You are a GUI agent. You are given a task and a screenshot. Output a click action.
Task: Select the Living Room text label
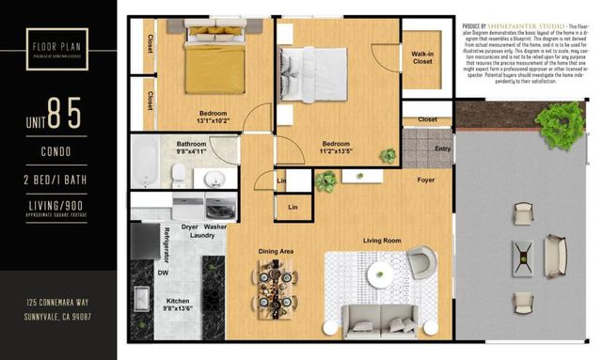pyautogui.click(x=383, y=241)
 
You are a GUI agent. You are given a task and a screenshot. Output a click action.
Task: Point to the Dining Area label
pyautogui.click(x=277, y=251)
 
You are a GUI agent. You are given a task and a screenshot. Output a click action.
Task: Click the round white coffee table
pyautogui.click(x=381, y=277)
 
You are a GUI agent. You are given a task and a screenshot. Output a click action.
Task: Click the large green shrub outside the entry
pyautogui.click(x=566, y=122)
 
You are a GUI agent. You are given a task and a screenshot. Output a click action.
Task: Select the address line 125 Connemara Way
pyautogui.click(x=58, y=303)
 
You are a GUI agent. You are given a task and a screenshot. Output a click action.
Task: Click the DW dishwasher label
pyautogui.click(x=163, y=273)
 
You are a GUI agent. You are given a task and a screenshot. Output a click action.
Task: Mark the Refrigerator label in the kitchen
pyautogui.click(x=166, y=243)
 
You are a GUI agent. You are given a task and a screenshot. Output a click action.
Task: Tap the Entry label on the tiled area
pyautogui.click(x=442, y=149)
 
